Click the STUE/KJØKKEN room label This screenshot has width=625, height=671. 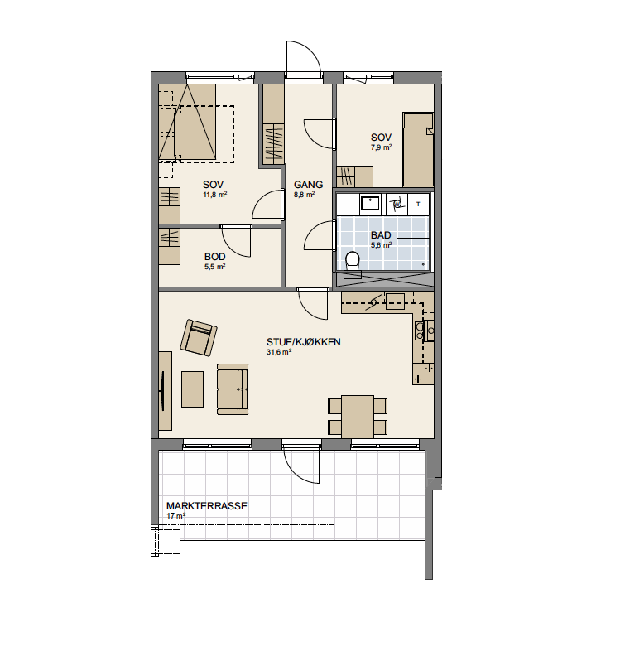click(303, 342)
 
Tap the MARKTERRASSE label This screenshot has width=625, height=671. click(207, 506)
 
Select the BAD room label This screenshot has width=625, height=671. click(381, 235)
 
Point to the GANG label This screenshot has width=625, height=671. click(308, 185)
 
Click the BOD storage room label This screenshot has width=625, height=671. click(214, 257)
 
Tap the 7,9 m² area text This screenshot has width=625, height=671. click(381, 147)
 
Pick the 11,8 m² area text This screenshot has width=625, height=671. click(214, 195)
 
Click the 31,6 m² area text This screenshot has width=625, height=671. click(279, 352)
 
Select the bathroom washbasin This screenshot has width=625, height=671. click(370, 203)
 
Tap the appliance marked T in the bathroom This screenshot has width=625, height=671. click(418, 204)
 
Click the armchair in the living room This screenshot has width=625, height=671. click(199, 338)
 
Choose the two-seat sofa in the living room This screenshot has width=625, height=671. click(232, 389)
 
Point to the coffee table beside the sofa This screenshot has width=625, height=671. click(192, 389)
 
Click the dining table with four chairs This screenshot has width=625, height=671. click(358, 417)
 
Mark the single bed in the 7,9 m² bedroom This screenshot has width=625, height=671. click(418, 149)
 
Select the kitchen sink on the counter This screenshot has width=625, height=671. click(395, 302)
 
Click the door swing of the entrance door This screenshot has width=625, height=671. click(303, 57)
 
